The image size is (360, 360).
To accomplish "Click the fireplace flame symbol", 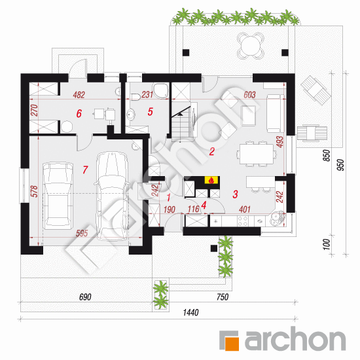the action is [x=211, y=180].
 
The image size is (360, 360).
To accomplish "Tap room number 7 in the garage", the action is [x=85, y=170].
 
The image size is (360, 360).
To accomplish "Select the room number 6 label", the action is [x=79, y=113].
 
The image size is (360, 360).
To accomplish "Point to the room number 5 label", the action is [x=150, y=112].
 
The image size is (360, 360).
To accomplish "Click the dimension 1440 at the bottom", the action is [x=190, y=312].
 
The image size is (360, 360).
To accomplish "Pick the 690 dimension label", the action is [x=85, y=297].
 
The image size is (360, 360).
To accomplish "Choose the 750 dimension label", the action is [x=223, y=297].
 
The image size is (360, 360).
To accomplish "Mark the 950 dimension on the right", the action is [x=341, y=165].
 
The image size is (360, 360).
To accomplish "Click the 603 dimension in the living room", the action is [x=249, y=95].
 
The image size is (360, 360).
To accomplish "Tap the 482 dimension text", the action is [x=79, y=95].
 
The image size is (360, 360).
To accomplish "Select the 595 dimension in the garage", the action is [x=82, y=233].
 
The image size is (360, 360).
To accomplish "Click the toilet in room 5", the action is [x=136, y=97].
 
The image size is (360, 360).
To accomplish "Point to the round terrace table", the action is [x=250, y=45].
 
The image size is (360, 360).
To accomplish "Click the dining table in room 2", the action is [x=257, y=154].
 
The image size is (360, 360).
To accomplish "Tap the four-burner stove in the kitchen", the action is [x=242, y=221].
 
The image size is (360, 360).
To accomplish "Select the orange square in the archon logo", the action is [x=232, y=344].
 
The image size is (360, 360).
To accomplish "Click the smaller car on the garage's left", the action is [x=58, y=196].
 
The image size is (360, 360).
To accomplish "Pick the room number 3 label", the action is [x=235, y=194].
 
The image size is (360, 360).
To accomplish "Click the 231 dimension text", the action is [x=147, y=94].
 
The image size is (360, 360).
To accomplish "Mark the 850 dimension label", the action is [x=327, y=155].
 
